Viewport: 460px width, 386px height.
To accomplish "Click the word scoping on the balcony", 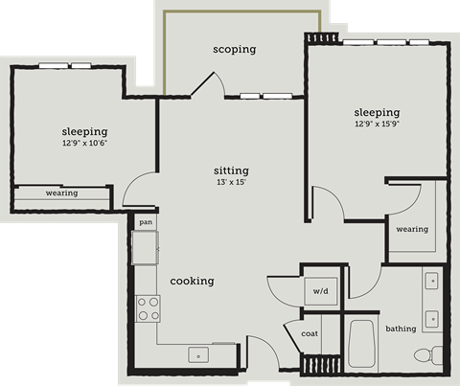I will (234, 49).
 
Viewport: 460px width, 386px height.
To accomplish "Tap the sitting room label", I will (231, 170).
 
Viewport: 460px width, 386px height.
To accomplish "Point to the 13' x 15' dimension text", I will (231, 182).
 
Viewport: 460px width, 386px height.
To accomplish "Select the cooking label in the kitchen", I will (192, 281).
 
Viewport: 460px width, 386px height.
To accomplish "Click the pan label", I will (146, 222).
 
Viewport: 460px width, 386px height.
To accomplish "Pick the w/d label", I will (320, 291).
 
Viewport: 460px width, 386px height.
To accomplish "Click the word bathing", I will (401, 329).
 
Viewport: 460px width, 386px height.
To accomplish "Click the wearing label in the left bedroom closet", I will (61, 193).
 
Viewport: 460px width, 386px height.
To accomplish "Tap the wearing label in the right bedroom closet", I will (412, 229).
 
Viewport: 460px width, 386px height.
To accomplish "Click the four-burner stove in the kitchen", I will (148, 307).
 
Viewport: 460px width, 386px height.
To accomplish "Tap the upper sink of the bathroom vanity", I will (431, 282).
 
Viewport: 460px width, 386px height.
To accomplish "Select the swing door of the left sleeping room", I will (140, 190).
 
